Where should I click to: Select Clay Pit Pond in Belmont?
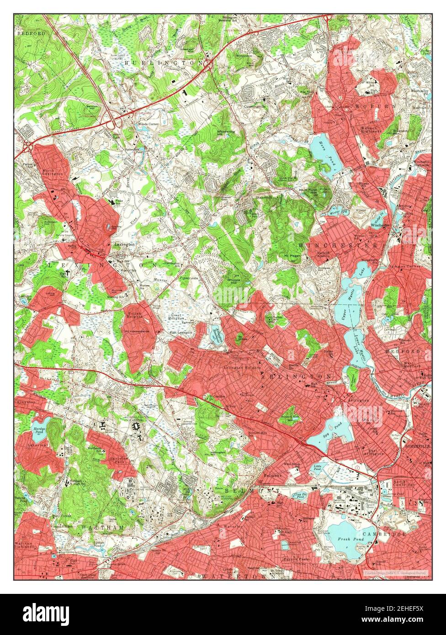pos(300,495)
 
